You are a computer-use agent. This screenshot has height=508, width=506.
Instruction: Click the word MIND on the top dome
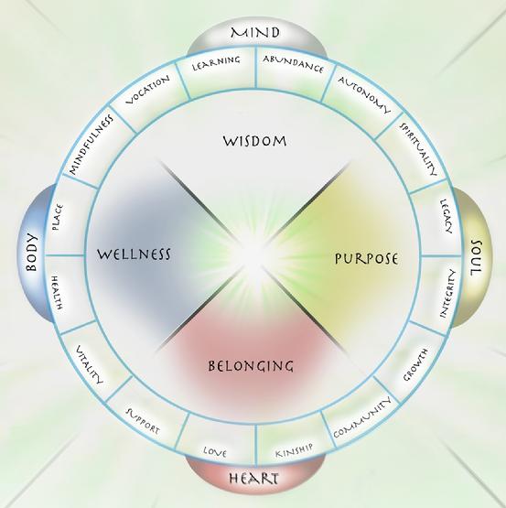pos(255,33)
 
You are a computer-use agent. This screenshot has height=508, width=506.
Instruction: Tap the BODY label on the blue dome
pos(32,252)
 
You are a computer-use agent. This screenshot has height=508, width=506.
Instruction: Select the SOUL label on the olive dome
pos(476,258)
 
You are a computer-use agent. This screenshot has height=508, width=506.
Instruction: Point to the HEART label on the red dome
pos(253,478)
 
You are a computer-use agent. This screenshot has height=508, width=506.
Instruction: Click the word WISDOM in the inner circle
pos(254,141)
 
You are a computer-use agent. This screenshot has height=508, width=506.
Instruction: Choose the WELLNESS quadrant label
pos(134,254)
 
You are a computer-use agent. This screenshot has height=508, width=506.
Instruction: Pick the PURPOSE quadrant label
pos(366,258)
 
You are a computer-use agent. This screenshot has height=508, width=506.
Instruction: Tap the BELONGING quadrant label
pos(251,366)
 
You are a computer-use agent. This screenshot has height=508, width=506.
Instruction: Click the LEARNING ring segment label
pos(216,63)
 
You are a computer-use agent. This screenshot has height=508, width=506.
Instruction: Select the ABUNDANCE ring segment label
pos(294,64)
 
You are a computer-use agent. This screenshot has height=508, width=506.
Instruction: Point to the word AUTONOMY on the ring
pos(364,95)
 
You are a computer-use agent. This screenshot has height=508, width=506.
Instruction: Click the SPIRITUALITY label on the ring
pos(418,148)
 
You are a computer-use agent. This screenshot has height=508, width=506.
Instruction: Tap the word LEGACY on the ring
pos(447,216)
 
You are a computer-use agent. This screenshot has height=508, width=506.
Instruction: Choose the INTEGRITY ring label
pos(448,294)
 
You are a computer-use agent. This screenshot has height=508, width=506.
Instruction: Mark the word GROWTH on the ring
pos(415,365)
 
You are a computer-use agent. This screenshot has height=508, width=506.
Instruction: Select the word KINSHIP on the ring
pos(294,450)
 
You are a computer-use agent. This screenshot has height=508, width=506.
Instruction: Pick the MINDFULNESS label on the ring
pos(92,145)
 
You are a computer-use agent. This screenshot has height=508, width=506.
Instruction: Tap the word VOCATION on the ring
pos(147,90)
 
